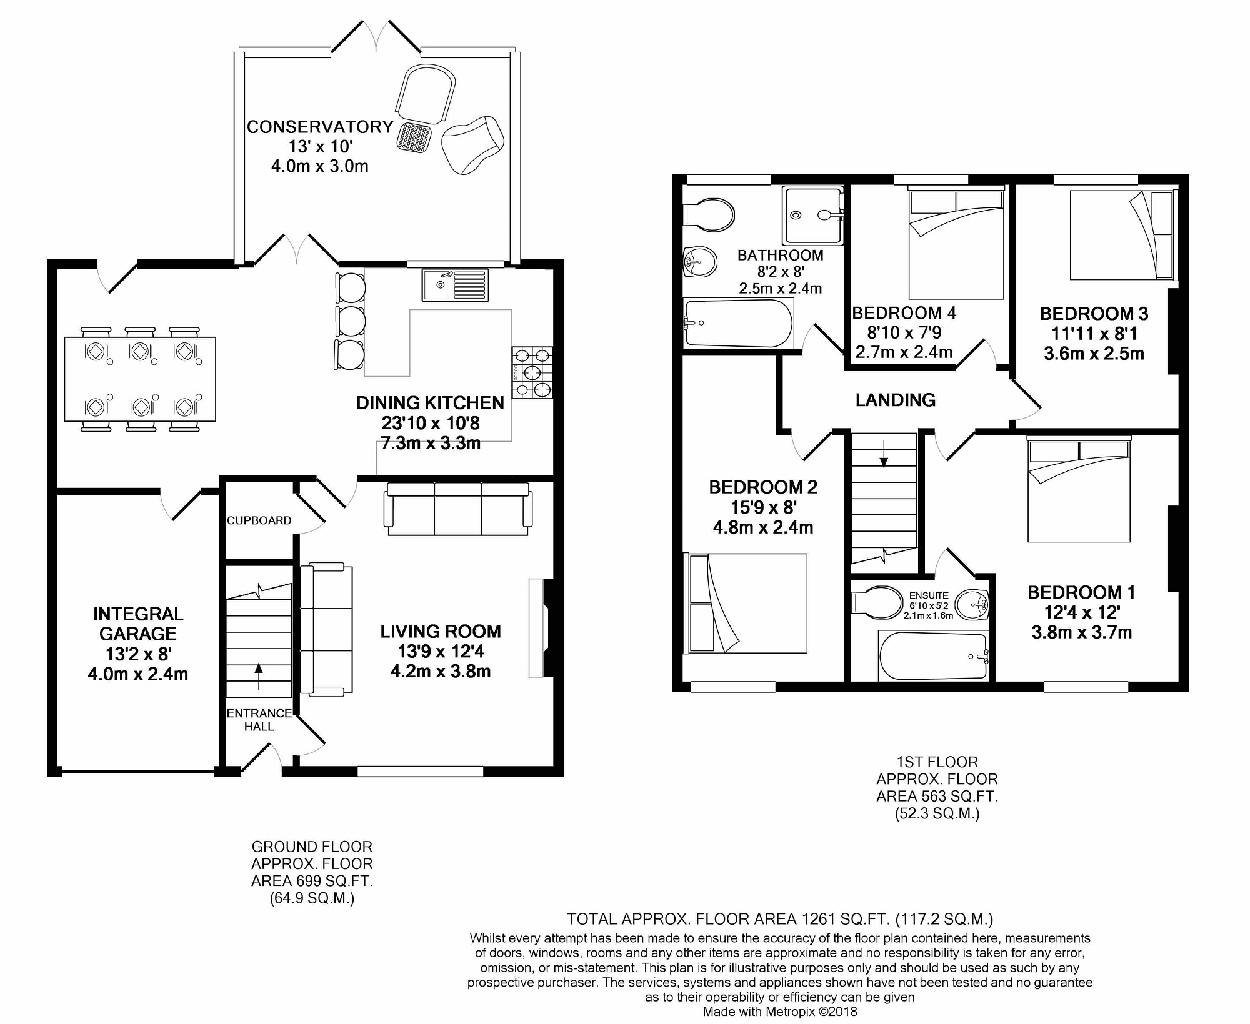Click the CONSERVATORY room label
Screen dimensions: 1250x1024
point(320,127)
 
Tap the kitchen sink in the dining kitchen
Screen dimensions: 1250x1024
point(455,284)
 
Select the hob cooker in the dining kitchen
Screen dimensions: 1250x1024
point(532,373)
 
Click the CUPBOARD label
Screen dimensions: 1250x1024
point(259,520)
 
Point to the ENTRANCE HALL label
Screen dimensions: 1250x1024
point(259,720)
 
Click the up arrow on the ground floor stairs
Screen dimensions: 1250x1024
point(259,677)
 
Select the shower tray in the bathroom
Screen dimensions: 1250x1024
point(811,215)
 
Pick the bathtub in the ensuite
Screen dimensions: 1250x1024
point(933,657)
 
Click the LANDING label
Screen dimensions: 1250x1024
point(896,400)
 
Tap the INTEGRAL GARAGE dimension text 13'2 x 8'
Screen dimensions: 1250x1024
point(138,654)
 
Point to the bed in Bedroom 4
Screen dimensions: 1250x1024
point(956,244)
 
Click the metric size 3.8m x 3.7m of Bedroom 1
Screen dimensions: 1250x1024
point(1081,632)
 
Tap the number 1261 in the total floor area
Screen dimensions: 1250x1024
point(819,919)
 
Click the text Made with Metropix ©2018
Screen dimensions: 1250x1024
point(780,1012)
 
